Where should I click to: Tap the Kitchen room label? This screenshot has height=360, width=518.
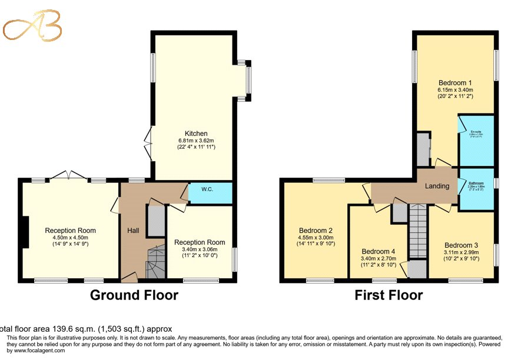click(x=196, y=134)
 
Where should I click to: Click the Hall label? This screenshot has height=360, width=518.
click(x=133, y=231)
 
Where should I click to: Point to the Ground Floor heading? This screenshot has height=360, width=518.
click(x=134, y=295)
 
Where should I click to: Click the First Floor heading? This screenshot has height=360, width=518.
click(x=388, y=295)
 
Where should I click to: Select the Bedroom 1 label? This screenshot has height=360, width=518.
click(x=455, y=82)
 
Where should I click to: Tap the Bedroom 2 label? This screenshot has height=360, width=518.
click(x=316, y=230)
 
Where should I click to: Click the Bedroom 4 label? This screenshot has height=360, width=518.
click(x=379, y=251)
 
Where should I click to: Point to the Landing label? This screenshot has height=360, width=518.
click(x=437, y=186)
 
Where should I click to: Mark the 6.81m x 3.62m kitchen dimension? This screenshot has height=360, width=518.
click(x=196, y=141)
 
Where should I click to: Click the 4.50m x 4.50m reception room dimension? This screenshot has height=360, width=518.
click(x=70, y=238)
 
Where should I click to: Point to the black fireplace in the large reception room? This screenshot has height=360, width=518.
click(x=25, y=232)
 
